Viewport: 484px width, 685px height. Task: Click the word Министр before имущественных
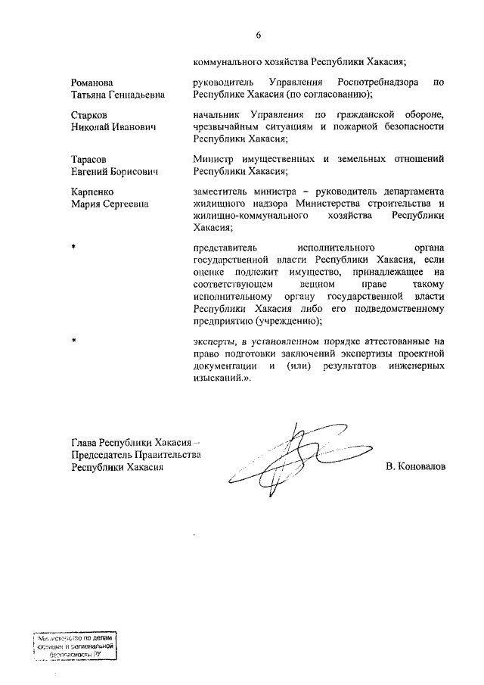tap(216, 160)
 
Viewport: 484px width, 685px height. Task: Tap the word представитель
tap(227, 248)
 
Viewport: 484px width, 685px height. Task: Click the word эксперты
tap(215, 341)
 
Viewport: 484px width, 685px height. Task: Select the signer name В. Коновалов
tap(415, 467)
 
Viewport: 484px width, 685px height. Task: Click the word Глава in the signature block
tap(85, 443)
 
